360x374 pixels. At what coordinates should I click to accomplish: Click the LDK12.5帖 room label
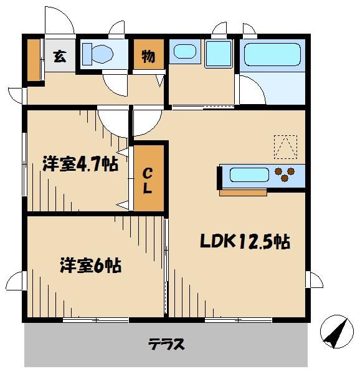[x=245, y=242]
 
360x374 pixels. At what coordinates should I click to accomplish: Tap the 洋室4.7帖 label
[x=80, y=164]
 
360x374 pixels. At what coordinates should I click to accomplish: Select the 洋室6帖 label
[x=90, y=265]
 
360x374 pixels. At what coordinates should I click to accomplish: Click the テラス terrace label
[x=166, y=343]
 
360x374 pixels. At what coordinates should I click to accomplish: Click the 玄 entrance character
[x=59, y=55]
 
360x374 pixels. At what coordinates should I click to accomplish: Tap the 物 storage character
[x=148, y=56]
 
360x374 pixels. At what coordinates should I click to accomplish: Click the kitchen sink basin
[x=249, y=174]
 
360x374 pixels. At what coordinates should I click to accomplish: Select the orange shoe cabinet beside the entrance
[x=33, y=59]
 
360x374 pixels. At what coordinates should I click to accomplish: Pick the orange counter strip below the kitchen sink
[x=244, y=192]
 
